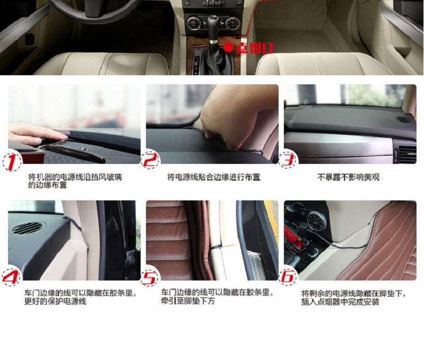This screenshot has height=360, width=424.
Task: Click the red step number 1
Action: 12,162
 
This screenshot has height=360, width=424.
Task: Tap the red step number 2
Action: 150,160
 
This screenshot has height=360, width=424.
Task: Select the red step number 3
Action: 288,160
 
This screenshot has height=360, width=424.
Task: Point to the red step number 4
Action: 11,276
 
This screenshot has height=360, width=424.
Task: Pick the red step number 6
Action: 288,277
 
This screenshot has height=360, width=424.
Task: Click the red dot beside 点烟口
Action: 229,47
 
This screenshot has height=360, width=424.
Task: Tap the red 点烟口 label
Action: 254,48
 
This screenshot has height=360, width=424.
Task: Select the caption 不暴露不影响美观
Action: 348,177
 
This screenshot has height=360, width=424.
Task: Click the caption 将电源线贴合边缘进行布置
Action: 214,177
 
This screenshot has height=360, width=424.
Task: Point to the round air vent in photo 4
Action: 27,228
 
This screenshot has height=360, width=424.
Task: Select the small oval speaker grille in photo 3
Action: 403,119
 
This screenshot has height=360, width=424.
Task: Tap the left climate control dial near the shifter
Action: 193,23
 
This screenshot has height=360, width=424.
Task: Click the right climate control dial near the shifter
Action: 232,23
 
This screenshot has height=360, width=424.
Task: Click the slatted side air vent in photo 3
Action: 407,155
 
